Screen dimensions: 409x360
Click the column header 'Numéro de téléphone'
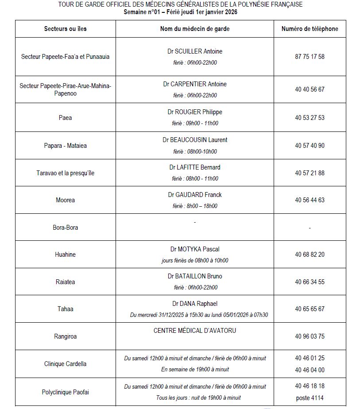pyautogui.click(x=310, y=29)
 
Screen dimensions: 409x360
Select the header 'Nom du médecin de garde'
pyautogui.click(x=195, y=29)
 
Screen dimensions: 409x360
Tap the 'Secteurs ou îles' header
pyautogui.click(x=66, y=29)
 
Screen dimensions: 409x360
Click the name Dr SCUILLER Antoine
pyautogui.click(x=195, y=51)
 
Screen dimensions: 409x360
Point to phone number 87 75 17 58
pyautogui.click(x=310, y=57)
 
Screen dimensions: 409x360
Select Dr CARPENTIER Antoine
pyautogui.click(x=195, y=84)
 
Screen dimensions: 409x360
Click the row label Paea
pyautogui.click(x=65, y=118)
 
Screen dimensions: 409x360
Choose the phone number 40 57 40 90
pyautogui.click(x=310, y=146)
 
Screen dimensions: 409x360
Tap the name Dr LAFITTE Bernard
pyautogui.click(x=195, y=167)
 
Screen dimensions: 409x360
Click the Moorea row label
pyautogui.click(x=66, y=200)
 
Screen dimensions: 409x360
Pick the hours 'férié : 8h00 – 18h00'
pyautogui.click(x=195, y=206)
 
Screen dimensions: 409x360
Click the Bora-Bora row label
pyautogui.click(x=66, y=228)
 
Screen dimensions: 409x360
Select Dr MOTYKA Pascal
pyautogui.click(x=195, y=249)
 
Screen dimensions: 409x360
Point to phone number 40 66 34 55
pyautogui.click(x=310, y=282)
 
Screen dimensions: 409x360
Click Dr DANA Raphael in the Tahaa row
pyautogui.click(x=195, y=304)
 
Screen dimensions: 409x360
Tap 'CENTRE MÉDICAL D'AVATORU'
pyautogui.click(x=195, y=331)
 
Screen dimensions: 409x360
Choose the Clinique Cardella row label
pyautogui.click(x=66, y=364)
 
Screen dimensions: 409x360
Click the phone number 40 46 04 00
pyautogui.click(x=310, y=370)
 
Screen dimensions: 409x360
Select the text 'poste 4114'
pyautogui.click(x=310, y=398)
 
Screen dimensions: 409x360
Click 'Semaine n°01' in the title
pyautogui.click(x=141, y=12)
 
